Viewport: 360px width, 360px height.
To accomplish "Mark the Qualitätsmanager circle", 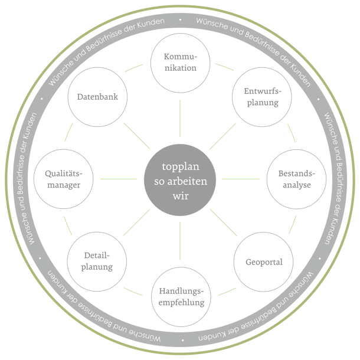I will [x=63, y=179].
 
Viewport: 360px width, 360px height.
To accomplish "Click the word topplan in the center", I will [x=181, y=166].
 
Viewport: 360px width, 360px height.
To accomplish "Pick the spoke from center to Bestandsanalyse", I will [x=241, y=179].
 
